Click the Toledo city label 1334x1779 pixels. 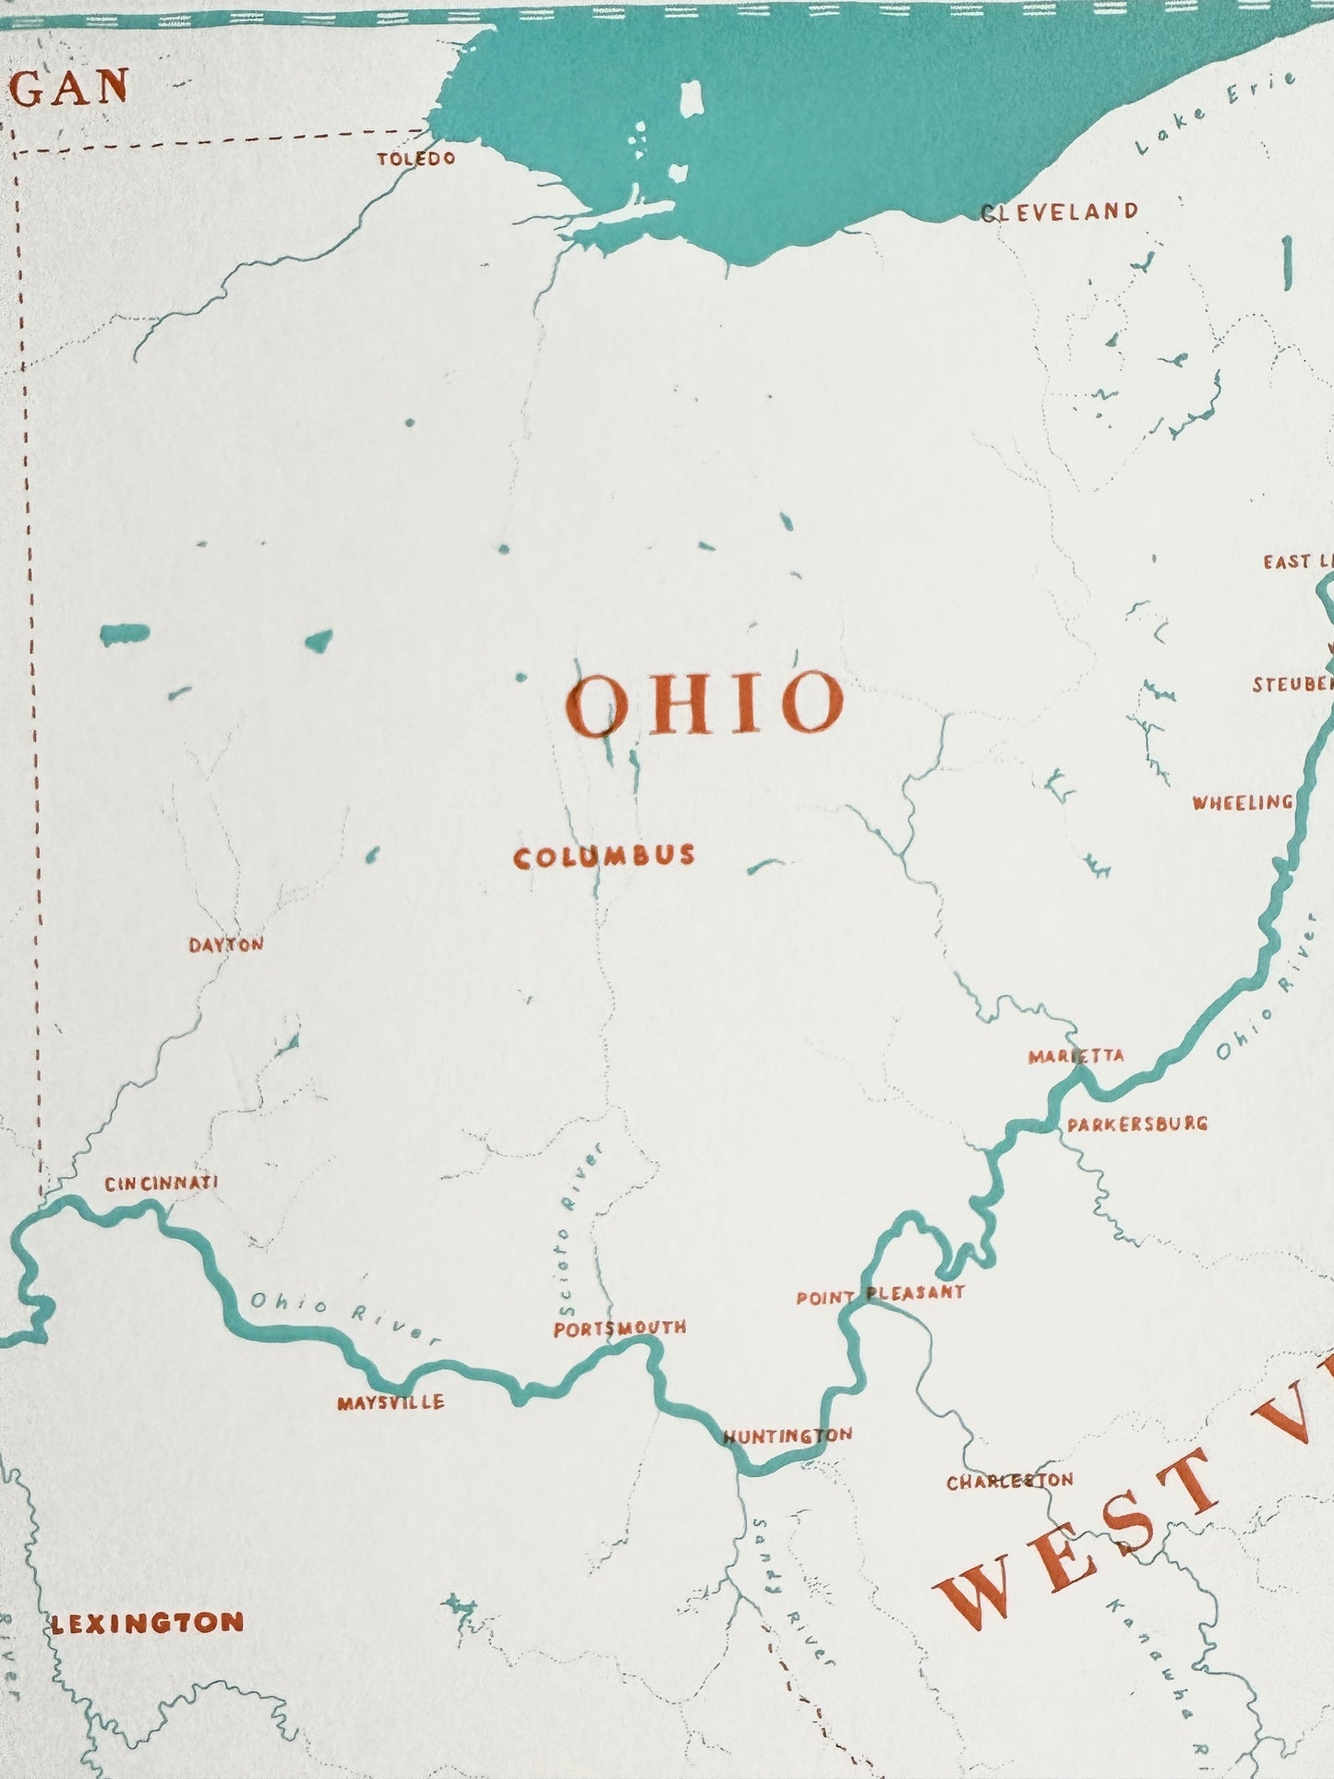(x=415, y=159)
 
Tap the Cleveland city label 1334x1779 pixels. (x=1059, y=212)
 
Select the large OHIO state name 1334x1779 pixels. (x=705, y=703)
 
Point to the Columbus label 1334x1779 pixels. (x=604, y=857)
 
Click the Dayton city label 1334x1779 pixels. (x=226, y=944)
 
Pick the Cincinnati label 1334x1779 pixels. (x=161, y=1184)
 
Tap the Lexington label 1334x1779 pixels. (x=147, y=1624)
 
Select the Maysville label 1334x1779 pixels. (x=391, y=1402)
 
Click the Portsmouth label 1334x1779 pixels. (x=619, y=1328)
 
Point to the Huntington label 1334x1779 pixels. (x=787, y=1436)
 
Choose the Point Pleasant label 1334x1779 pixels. (x=880, y=1294)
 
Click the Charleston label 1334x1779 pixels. (x=1009, y=1482)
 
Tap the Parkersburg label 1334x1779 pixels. (x=1136, y=1124)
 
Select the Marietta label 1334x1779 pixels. (x=1076, y=1055)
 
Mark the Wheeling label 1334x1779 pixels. (x=1242, y=802)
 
